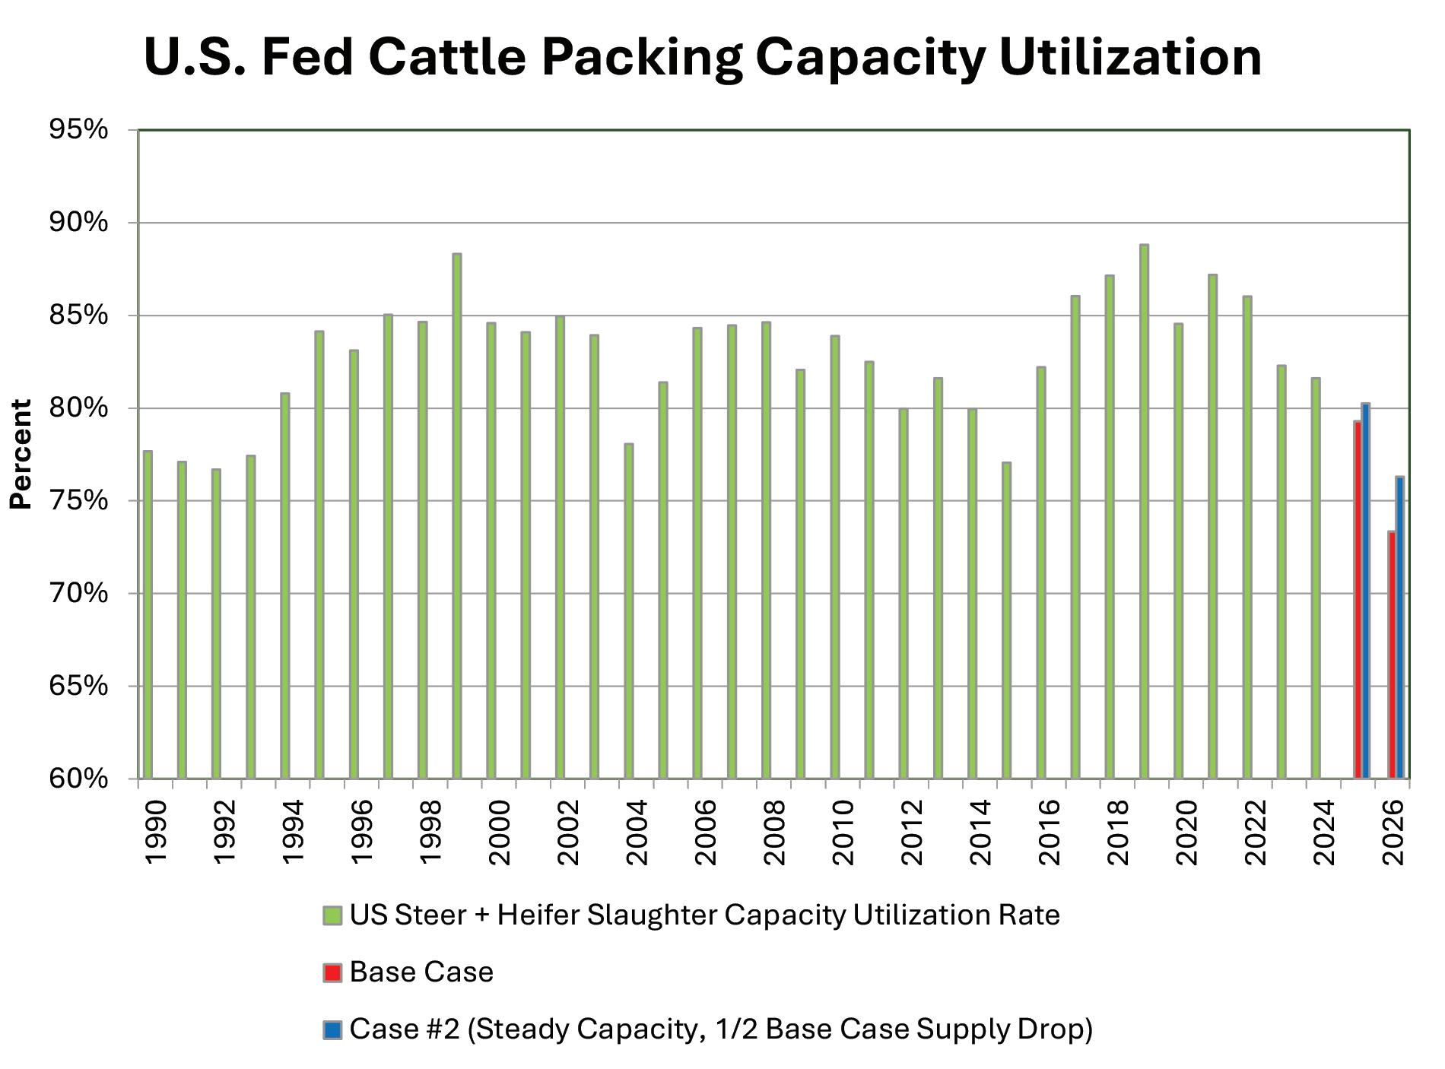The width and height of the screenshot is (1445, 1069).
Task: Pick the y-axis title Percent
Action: click(21, 454)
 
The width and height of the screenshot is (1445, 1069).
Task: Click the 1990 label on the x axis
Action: click(155, 833)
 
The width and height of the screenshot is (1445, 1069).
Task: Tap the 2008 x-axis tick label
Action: click(774, 833)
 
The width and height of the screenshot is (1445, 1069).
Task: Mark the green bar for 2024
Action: click(1316, 578)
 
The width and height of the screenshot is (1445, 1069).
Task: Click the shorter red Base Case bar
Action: click(1392, 655)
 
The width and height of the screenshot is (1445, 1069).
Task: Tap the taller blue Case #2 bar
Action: click(1366, 591)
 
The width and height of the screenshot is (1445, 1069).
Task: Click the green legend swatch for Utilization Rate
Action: click(332, 915)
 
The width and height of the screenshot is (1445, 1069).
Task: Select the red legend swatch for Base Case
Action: click(332, 972)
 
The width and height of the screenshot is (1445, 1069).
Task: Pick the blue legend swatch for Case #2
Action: click(332, 1029)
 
